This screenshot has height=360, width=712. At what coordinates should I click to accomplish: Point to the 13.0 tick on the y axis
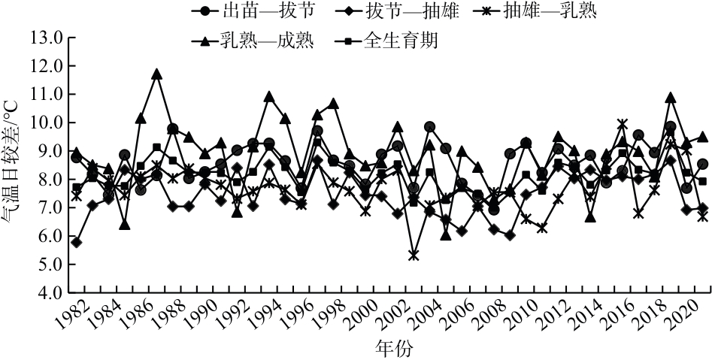(x=47, y=37)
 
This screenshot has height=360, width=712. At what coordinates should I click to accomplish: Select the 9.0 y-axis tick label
(x=47, y=151)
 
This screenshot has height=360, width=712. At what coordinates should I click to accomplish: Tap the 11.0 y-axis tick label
(x=47, y=94)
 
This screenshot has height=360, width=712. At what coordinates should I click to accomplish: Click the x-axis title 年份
(x=392, y=348)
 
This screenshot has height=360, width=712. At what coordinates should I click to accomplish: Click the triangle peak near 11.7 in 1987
(x=157, y=74)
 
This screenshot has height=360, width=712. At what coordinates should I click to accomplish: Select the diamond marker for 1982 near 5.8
(x=76, y=242)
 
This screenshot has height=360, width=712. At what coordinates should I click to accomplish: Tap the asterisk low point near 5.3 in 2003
(x=414, y=256)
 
